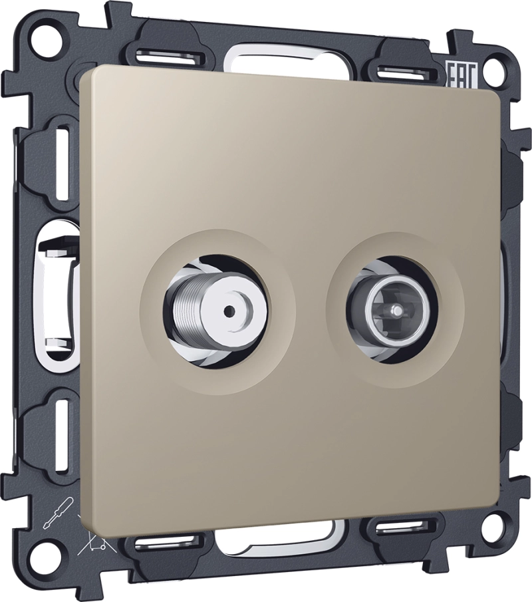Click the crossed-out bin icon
tap(91, 534)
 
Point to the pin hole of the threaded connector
tap(229, 309)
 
